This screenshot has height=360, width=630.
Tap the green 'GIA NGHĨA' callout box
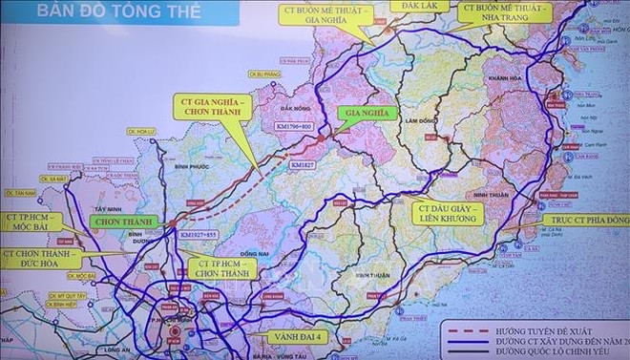point(363,111)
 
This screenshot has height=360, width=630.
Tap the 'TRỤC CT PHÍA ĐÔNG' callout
point(584,219)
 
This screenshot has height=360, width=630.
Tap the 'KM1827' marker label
point(303,164)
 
